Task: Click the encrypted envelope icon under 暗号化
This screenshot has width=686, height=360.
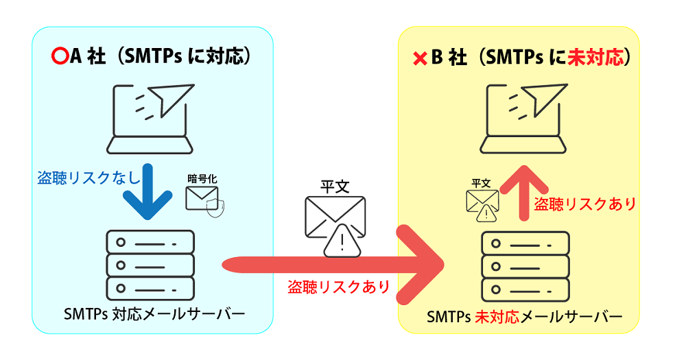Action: click(x=204, y=198)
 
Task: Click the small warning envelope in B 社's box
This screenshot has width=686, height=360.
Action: click(x=482, y=204)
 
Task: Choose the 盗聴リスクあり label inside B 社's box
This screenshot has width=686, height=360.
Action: click(x=585, y=203)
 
